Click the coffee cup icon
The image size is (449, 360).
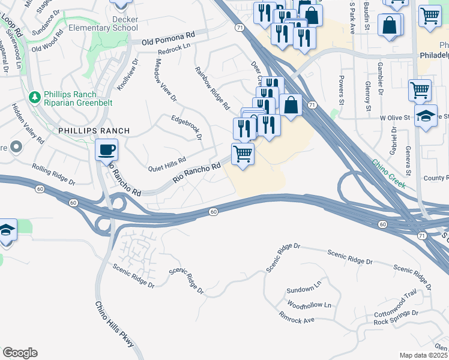tap(107, 149)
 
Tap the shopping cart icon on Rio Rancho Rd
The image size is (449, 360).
tap(243, 154)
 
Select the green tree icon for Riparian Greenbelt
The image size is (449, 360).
tap(35, 97)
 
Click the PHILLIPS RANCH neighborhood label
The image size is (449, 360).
tap(86, 130)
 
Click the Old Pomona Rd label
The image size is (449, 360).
tap(169, 39)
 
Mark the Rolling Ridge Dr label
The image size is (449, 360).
tap(54, 175)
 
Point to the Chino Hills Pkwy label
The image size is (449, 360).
tap(115, 323)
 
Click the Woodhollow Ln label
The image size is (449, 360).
tap(309, 305)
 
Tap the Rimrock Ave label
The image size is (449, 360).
tap(297, 317)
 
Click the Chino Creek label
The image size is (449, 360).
tap(388, 174)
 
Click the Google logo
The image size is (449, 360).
tap(20, 353)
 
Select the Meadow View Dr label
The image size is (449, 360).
tap(166, 79)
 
